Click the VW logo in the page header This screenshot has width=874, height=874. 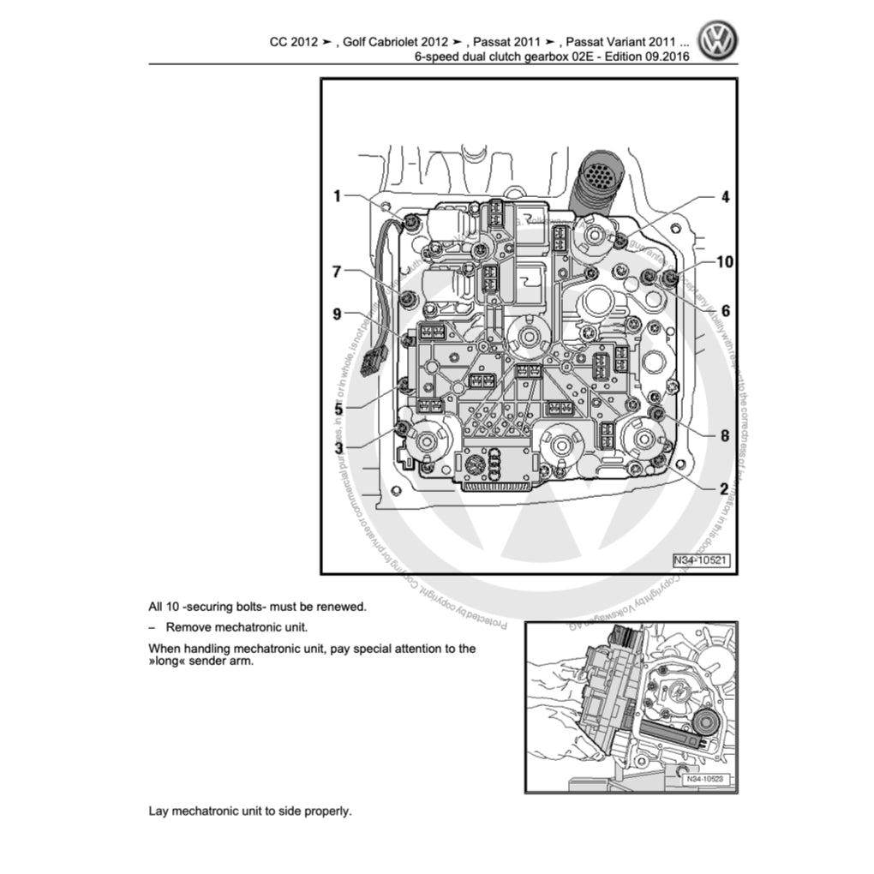point(718,40)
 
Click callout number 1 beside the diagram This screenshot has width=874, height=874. point(338,196)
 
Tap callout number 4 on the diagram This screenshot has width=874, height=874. point(725,196)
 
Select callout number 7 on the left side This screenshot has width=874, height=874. point(338,272)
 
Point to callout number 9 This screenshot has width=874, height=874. point(338,314)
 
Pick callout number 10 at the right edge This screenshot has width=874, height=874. point(725,262)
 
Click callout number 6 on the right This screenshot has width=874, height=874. point(725,311)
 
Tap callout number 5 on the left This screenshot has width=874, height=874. point(338,409)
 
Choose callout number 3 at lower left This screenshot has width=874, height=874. point(338,447)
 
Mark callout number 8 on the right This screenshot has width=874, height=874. point(725,435)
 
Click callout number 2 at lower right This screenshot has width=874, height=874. point(725,488)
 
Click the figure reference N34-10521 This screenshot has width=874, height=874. point(700,560)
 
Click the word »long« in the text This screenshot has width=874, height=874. point(169,662)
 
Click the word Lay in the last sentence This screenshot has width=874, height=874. point(159,811)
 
